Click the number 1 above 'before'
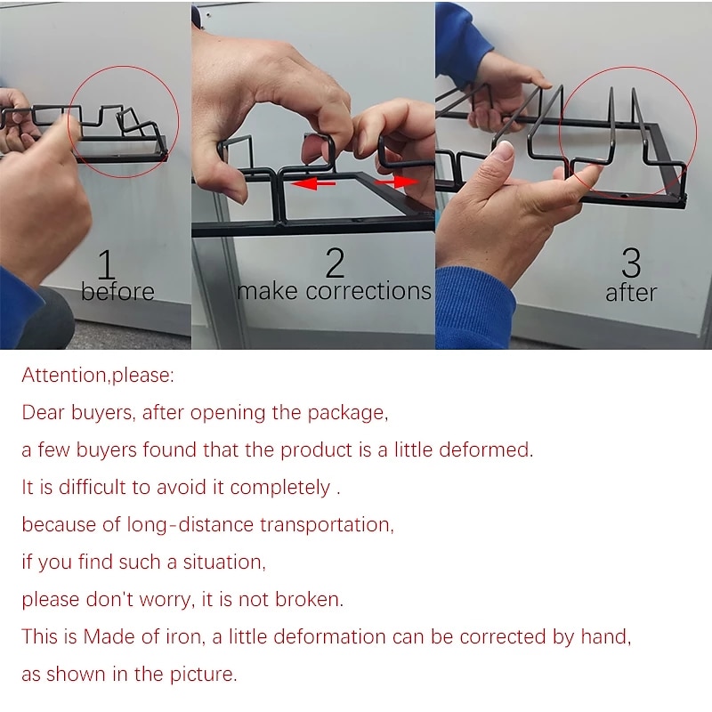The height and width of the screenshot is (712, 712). [106, 263]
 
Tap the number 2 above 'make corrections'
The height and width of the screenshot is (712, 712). [336, 263]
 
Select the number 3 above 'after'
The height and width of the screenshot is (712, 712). [631, 263]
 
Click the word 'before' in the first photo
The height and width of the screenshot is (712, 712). [117, 291]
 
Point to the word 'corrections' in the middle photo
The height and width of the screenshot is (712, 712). [368, 291]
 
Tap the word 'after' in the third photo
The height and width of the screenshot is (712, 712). [631, 293]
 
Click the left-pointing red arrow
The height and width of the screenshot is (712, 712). [312, 183]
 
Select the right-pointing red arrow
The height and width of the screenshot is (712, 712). [396, 182]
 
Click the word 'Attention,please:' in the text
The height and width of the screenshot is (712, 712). [98, 376]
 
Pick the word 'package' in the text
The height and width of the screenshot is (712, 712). [347, 414]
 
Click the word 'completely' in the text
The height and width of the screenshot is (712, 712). [280, 488]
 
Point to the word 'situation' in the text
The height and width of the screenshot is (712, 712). [224, 562]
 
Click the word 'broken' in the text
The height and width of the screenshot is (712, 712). [309, 599]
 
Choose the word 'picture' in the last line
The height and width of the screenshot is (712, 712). [204, 675]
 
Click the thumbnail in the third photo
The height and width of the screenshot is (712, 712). [503, 150]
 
